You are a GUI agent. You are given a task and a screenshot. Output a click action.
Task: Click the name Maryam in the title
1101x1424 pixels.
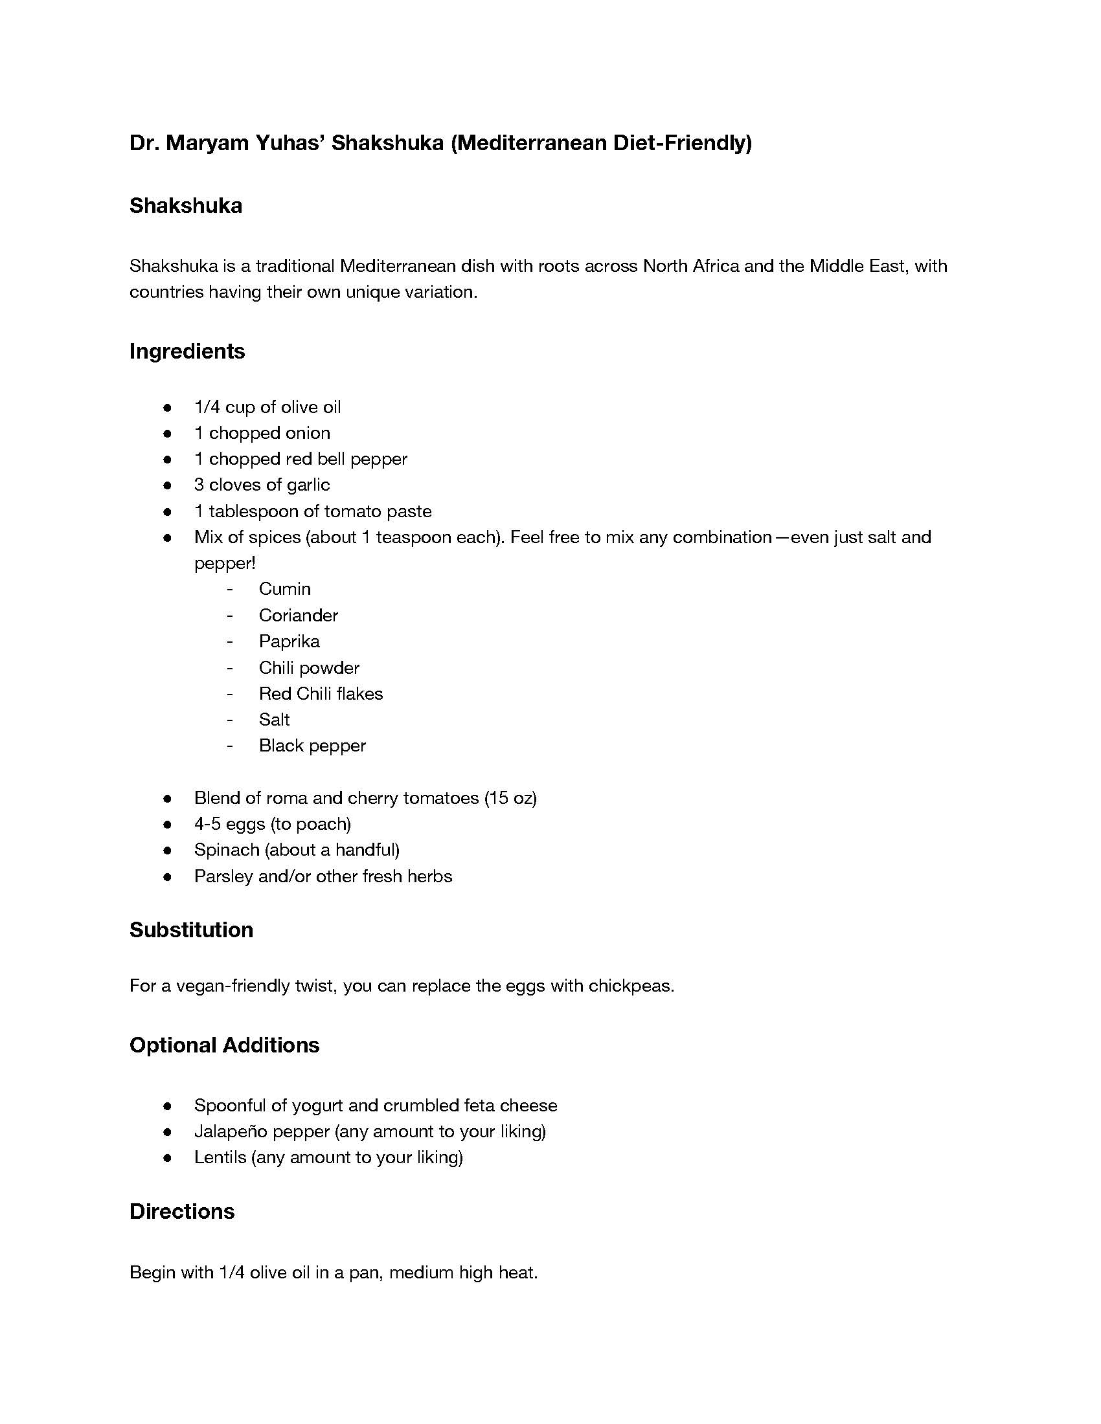[206, 143]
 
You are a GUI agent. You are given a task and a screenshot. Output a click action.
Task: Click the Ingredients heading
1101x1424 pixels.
[187, 351]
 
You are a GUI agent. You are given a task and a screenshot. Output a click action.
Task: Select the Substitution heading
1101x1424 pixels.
[191, 929]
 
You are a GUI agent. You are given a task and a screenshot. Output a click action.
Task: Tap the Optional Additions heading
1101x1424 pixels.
[224, 1045]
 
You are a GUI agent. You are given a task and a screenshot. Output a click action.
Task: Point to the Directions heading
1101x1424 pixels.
[182, 1212]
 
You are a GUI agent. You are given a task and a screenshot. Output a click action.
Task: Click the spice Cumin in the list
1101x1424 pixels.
[284, 589]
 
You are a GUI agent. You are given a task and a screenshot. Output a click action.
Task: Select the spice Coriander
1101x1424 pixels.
[298, 616]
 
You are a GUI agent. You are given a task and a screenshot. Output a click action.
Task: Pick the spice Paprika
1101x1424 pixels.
[289, 641]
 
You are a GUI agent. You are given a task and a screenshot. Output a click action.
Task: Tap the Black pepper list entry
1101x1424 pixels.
[312, 746]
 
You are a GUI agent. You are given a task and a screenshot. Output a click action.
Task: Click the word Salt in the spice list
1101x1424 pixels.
[274, 720]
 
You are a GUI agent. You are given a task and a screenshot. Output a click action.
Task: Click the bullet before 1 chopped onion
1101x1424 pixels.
[168, 434]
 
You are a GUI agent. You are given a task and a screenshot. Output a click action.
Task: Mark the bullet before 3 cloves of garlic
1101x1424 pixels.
[168, 485]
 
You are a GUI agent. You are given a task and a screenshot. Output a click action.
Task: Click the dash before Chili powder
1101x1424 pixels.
[230, 669]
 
